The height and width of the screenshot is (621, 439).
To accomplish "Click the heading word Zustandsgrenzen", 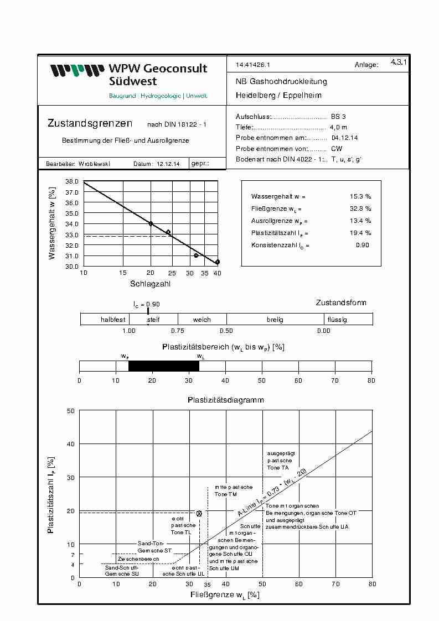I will tap(90, 123).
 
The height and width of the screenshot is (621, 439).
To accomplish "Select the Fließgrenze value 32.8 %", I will tap(360, 208).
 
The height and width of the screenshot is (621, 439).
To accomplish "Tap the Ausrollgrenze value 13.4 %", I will tap(360, 221).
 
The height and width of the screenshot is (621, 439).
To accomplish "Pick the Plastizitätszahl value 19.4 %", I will tap(360, 233).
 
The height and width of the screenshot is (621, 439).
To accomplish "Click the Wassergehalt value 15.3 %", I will tap(360, 196).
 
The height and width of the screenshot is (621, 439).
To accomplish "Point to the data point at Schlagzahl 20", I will tap(151, 223).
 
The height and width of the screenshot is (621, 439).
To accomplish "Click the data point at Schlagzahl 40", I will tap(218, 262).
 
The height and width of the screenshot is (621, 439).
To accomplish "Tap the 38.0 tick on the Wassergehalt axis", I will tap(73, 181).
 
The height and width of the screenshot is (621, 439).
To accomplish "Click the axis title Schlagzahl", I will tap(150, 284).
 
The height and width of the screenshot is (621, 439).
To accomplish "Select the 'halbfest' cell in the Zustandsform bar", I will tap(113, 320).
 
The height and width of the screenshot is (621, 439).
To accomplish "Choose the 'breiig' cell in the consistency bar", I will tap(275, 320).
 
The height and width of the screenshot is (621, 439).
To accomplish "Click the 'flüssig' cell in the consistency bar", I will tap(337, 320).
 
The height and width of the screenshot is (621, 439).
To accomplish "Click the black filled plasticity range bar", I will tap(163, 366).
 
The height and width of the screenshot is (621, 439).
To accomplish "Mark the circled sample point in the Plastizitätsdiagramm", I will tap(199, 513).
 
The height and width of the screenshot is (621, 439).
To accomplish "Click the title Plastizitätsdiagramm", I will tap(225, 399).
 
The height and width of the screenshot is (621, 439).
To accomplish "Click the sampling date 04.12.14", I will tap(344, 138).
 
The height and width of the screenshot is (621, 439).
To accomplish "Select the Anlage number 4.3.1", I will tap(399, 62).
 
